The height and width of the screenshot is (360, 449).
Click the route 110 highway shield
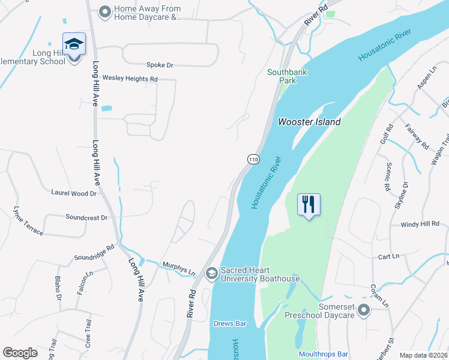click(x=253, y=159)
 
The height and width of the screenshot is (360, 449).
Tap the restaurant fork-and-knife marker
click(x=309, y=204)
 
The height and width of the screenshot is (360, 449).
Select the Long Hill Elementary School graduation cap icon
click(x=74, y=44)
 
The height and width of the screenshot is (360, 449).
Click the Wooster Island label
click(x=309, y=122)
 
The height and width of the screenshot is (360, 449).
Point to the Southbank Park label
click(x=282, y=77)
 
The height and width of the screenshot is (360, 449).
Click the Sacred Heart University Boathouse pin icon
click(x=211, y=274)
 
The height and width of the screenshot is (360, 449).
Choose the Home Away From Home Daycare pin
click(x=105, y=12)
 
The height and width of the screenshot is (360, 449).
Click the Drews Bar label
click(x=230, y=323)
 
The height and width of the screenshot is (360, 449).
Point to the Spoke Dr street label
click(x=160, y=65)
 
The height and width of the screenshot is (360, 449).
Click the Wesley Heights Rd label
click(x=130, y=79)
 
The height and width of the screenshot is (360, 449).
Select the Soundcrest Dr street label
click(x=86, y=217)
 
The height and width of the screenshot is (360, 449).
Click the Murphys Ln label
click(x=179, y=268)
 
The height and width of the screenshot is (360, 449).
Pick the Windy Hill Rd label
click(x=420, y=224)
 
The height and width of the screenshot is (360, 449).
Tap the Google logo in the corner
click(x=20, y=353)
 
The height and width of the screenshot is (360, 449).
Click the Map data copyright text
click(x=424, y=355)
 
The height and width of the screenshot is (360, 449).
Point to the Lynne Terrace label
click(x=28, y=221)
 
